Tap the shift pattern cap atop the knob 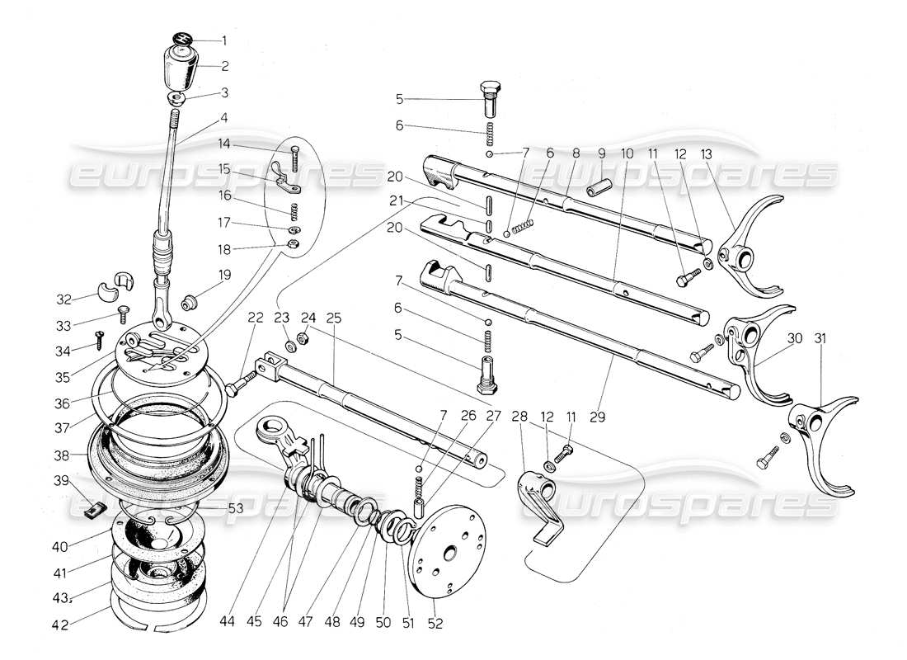tap(181, 39)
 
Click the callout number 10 tap(627, 153)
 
